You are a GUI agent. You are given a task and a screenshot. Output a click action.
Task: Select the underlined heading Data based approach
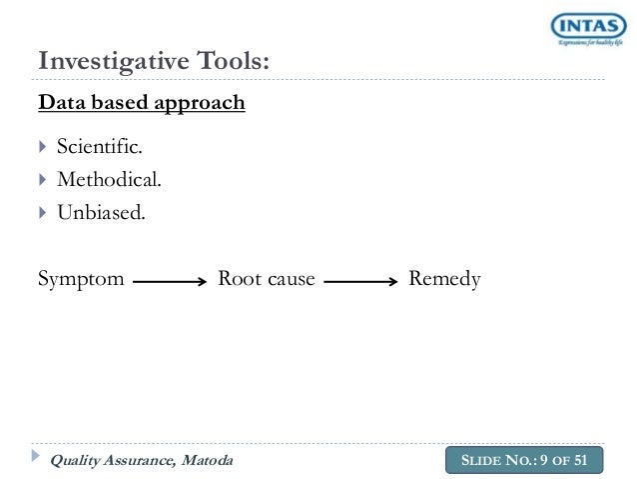coord(141,103)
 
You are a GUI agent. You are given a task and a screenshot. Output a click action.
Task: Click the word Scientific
coord(100,149)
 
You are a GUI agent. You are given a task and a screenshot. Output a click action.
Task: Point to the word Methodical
coord(107,180)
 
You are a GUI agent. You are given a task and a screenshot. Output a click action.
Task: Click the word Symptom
coord(81,279)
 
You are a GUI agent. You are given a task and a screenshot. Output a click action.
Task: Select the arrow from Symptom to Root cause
coord(169,283)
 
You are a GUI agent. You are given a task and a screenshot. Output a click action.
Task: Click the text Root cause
coord(267,279)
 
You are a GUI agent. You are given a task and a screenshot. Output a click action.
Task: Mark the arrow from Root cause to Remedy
coord(361,283)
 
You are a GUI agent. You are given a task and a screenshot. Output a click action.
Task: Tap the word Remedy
coord(444,279)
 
